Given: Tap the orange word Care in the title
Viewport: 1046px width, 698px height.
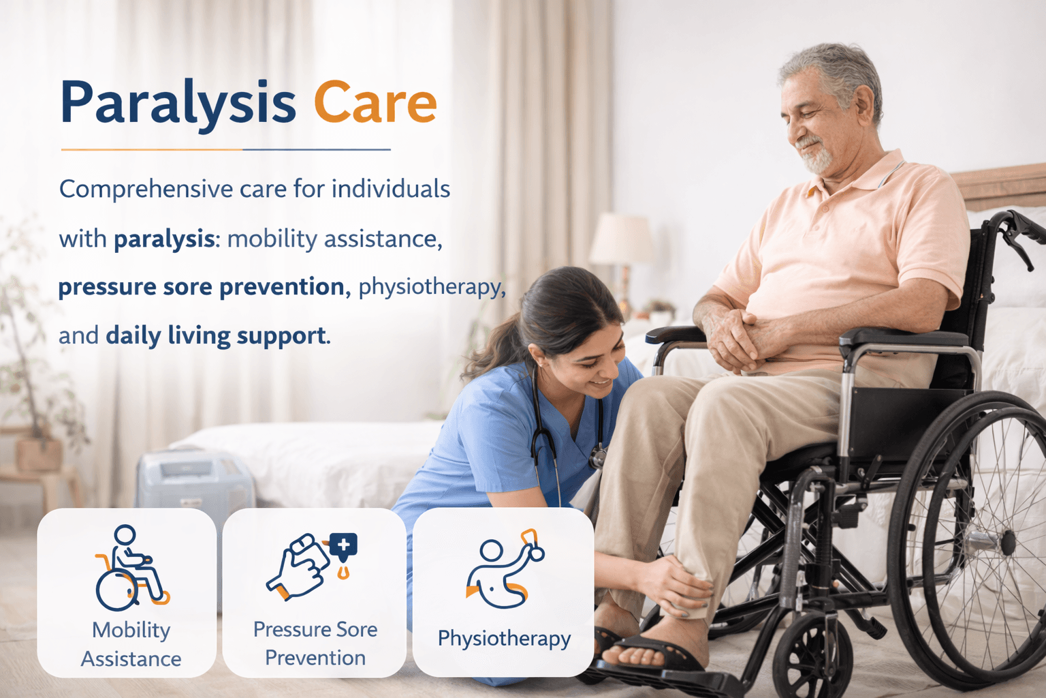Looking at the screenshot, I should pos(375,103).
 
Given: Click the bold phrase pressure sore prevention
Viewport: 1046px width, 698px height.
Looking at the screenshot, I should pos(201,287).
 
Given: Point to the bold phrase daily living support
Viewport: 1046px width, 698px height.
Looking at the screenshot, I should pos(216,336).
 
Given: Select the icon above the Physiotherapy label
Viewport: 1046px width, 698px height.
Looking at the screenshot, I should pos(503,569).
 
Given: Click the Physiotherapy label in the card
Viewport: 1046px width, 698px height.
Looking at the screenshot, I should pos(504,639).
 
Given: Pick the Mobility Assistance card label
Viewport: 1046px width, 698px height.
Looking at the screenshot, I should pos(131,644).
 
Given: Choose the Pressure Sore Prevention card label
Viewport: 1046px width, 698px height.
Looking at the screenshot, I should pos(315,643).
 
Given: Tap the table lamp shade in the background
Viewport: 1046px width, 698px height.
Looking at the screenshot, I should pos(621,239).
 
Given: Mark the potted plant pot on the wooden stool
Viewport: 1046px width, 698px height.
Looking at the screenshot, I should pos(39,454).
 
